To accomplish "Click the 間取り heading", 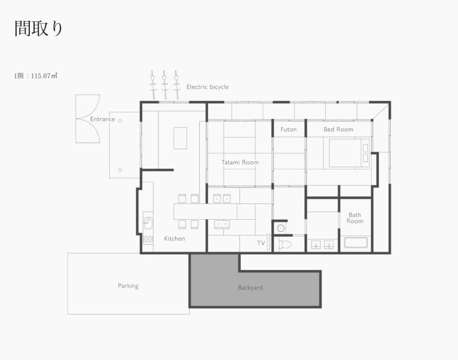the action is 38,28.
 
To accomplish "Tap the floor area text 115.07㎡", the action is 44,76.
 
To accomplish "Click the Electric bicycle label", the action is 207,87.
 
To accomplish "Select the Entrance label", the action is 103,119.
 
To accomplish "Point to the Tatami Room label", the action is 240,162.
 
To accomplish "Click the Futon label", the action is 288,129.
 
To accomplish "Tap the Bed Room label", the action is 338,129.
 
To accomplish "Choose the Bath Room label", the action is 355,218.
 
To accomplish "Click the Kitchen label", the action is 174,238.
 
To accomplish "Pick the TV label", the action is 261,243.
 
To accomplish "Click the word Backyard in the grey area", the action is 250,288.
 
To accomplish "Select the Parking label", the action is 128,286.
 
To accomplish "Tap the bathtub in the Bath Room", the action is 355,243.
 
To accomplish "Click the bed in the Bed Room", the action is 349,153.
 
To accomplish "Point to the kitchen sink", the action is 148,223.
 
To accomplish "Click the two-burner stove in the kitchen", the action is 148,239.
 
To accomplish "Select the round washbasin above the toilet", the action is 281,228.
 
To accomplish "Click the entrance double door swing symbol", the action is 88,119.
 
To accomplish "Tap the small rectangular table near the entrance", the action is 180,138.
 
